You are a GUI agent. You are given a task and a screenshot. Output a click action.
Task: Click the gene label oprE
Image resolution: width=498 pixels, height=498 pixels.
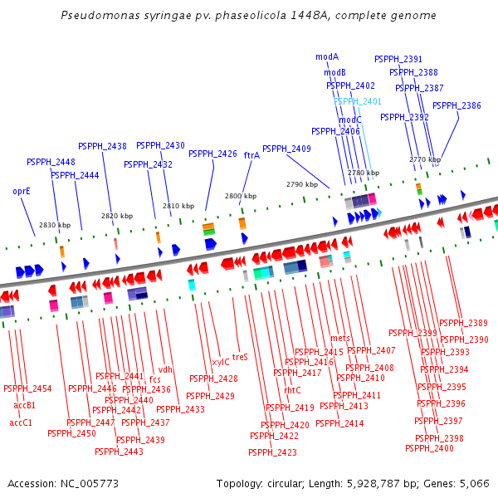pos(22,191)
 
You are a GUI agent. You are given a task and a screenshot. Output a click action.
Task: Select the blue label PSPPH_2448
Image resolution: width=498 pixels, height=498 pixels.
pos(51,163)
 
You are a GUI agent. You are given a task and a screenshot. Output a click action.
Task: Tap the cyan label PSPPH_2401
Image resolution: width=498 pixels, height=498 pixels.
pos(357,101)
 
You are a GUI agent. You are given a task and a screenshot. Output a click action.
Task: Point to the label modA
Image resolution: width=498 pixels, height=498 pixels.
pos(327,56)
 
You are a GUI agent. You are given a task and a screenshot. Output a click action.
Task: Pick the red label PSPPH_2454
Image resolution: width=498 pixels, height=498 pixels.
pos(27,388)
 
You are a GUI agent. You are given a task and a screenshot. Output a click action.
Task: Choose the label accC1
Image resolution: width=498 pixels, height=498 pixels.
pos(21,422)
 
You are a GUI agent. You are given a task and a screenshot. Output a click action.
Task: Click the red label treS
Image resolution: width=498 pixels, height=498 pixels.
pos(240,357)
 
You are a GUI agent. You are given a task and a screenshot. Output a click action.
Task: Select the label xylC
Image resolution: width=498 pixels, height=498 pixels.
pos(220,362)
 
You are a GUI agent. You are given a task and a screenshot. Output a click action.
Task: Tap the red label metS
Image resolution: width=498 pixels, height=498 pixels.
pos(340,339)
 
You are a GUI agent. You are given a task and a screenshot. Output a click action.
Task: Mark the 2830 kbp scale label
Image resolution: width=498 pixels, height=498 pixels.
pos(55,226)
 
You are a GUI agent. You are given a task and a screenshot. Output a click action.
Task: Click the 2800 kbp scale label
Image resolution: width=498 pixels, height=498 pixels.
pos(241,196)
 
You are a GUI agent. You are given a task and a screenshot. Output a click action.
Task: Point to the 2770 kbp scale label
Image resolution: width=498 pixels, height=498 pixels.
pos(425,159)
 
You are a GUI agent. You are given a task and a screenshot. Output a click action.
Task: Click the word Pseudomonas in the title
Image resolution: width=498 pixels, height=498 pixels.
pos(100,16)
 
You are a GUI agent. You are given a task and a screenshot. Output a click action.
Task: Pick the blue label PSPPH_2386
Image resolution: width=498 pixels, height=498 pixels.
pos(456,105)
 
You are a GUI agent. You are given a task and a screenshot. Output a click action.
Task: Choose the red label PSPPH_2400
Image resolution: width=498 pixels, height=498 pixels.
pos(429,448)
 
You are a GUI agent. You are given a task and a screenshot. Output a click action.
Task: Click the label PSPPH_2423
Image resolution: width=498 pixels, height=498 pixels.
pos(272,452)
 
